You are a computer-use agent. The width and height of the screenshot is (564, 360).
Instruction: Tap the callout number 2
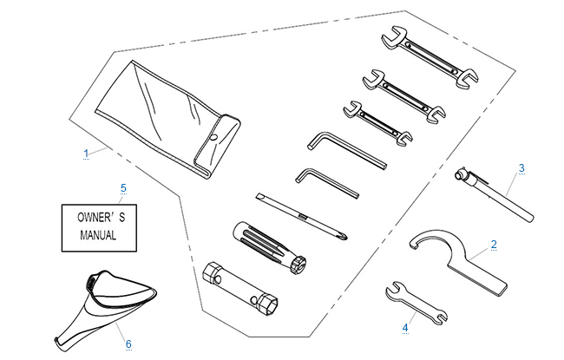pos(494,245)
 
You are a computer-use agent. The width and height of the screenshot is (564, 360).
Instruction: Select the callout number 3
pos(521,167)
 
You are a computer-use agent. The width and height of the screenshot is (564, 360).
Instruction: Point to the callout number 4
pos(404,327)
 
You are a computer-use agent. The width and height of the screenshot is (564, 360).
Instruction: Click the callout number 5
pos(123,187)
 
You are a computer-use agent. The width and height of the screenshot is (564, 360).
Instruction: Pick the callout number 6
pos(128,344)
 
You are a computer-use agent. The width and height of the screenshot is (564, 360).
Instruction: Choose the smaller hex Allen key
pos(325,180)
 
